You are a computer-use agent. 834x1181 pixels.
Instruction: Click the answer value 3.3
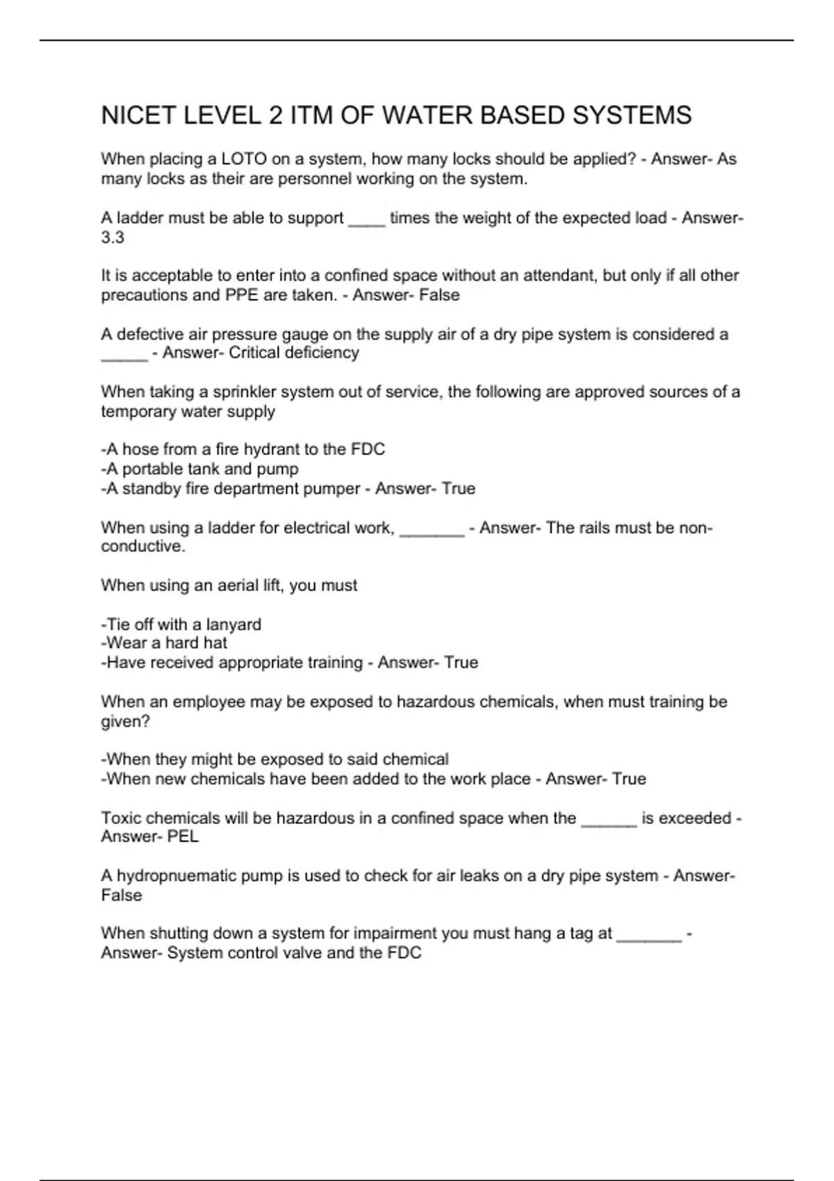113,238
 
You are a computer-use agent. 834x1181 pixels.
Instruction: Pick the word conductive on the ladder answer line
143,547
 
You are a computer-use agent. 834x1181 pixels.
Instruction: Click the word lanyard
234,625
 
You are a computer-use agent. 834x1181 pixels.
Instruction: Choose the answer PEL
183,837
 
